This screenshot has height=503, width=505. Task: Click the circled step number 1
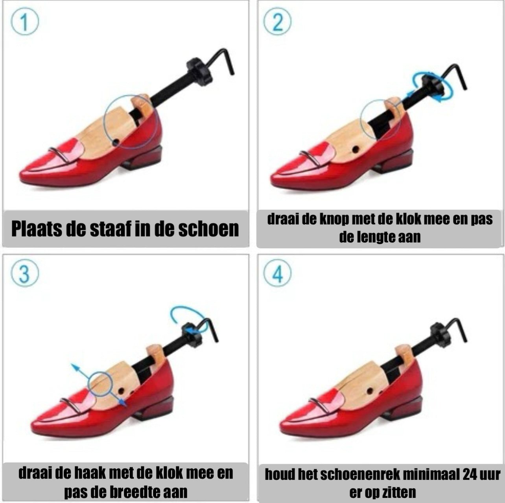(24, 22)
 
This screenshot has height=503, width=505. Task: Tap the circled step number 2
(277, 22)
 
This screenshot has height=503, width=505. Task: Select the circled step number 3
(24, 274)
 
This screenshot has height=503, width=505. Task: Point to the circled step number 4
(277, 274)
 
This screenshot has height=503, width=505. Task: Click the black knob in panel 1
(199, 71)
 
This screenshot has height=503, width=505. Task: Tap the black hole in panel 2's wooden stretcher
(356, 149)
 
